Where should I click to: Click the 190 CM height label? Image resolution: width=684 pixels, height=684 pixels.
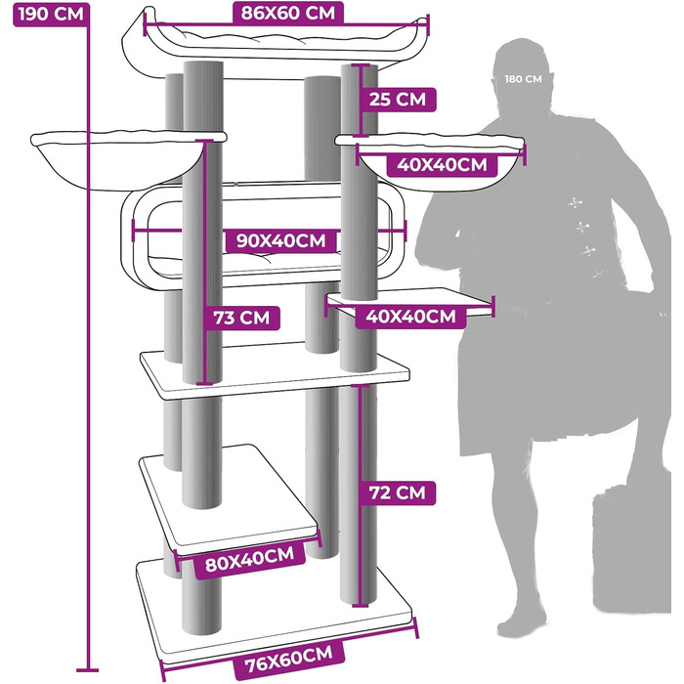[x=51, y=15]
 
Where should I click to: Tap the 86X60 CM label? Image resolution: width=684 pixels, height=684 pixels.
[x=288, y=13]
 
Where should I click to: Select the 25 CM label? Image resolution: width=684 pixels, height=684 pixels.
[x=398, y=99]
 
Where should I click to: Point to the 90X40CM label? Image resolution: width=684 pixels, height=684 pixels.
[x=281, y=240]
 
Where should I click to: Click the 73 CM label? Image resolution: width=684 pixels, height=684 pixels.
[x=241, y=318]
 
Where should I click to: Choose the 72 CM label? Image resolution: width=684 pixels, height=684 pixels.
[x=397, y=492]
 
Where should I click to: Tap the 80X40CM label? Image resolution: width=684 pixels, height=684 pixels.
[x=249, y=559]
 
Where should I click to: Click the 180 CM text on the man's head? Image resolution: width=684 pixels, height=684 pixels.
[x=523, y=79]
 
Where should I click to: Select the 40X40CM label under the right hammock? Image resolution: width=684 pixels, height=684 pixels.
[x=442, y=165]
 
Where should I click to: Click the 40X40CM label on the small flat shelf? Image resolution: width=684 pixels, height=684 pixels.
[x=411, y=317]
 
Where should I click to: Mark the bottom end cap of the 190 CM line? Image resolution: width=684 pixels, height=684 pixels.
[x=87, y=670]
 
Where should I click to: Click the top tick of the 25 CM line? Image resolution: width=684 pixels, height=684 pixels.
[x=362, y=65]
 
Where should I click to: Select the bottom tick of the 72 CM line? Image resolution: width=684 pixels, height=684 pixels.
[x=361, y=605]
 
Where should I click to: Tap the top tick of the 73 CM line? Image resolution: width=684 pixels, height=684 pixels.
[x=204, y=141]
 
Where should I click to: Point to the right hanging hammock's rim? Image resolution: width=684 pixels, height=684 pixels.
[x=430, y=141]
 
